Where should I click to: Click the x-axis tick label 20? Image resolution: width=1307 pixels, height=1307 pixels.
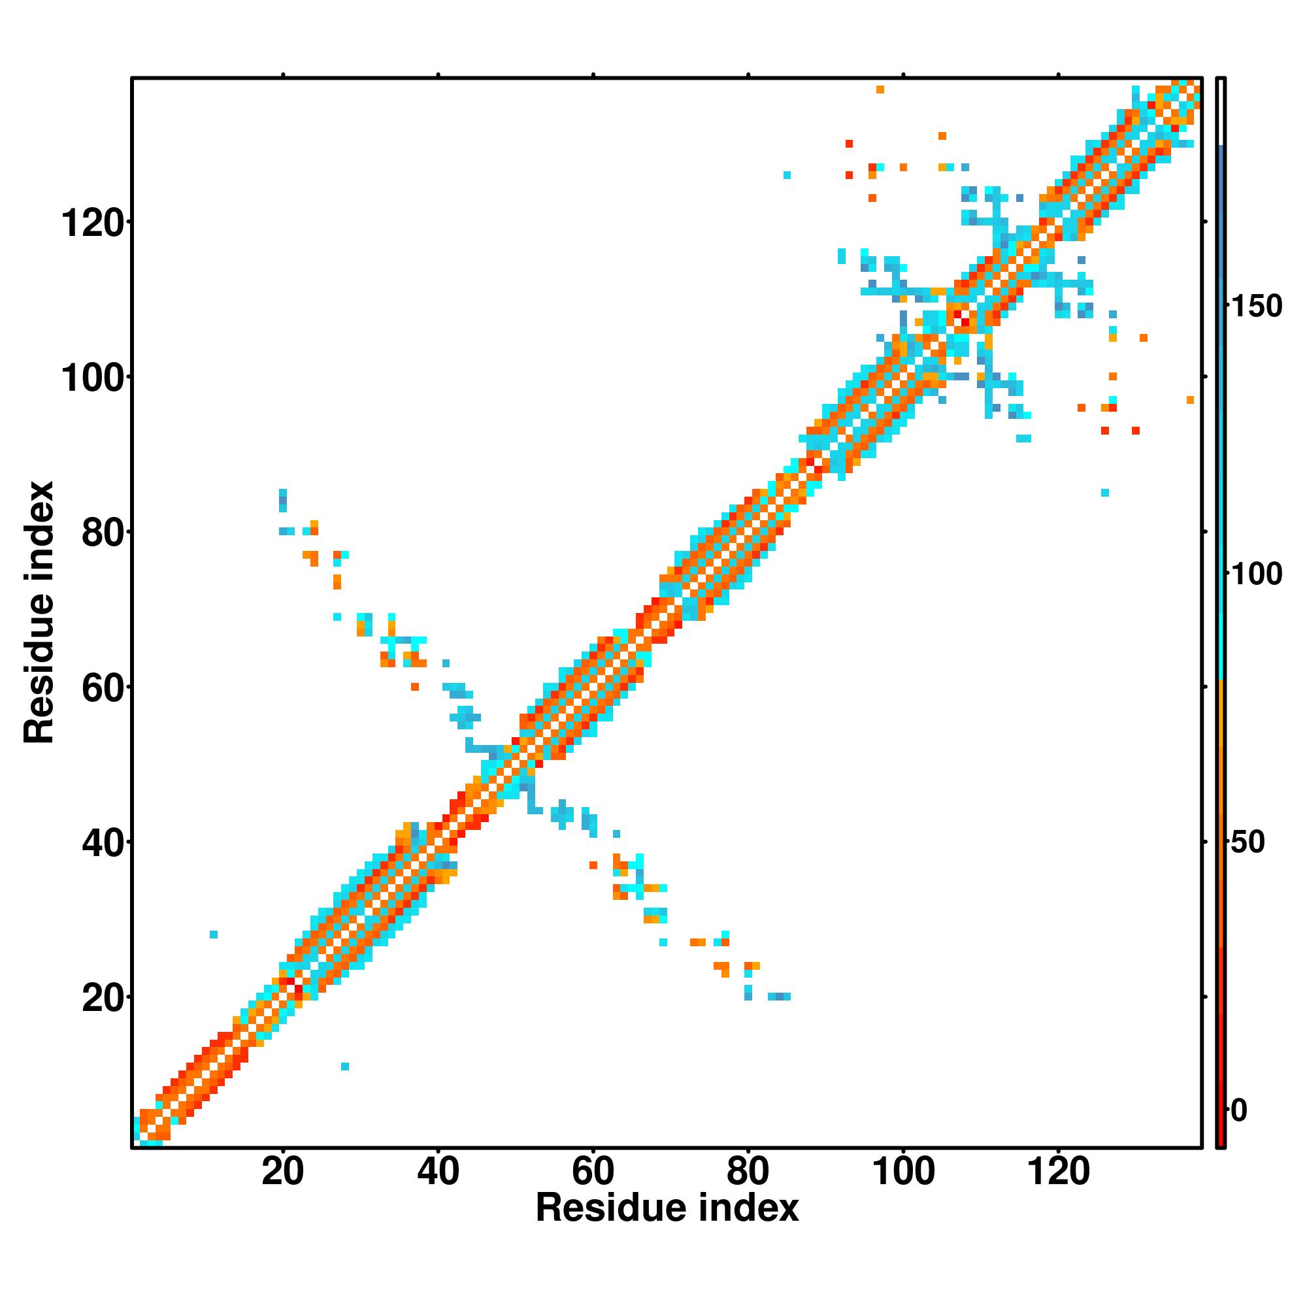click(x=282, y=1171)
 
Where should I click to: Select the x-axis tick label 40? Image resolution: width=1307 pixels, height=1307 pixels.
click(x=438, y=1171)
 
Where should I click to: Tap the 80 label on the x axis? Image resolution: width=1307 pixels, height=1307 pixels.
click(x=748, y=1171)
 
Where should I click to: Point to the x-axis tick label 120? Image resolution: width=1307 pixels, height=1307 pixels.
click(x=1058, y=1171)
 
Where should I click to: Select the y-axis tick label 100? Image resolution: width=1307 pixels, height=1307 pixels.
click(x=93, y=378)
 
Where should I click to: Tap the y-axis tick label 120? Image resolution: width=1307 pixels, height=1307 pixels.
click(x=93, y=223)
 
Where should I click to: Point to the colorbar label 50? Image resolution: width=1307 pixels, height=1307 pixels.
click(x=1248, y=842)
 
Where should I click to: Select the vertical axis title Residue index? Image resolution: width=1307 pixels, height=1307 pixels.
click(x=39, y=612)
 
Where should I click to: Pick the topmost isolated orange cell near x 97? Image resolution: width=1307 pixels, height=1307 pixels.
click(x=880, y=90)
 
